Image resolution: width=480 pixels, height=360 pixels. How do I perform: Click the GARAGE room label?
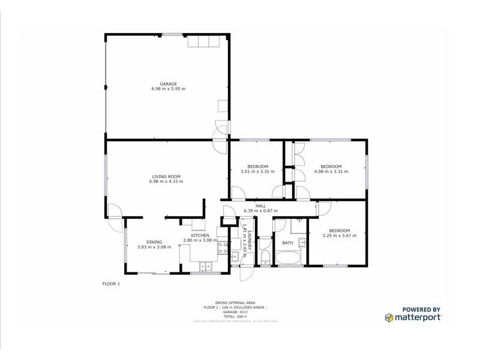coord(168,83)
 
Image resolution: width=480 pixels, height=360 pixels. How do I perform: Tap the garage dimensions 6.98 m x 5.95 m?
coord(168,89)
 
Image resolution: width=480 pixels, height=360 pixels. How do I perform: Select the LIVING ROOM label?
coord(166,176)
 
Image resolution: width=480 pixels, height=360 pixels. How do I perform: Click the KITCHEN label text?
coord(200,235)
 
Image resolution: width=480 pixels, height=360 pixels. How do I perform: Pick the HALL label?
coord(260,206)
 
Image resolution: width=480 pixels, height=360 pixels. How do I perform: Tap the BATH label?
coord(288,243)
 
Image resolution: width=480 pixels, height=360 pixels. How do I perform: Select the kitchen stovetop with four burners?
coord(222,248)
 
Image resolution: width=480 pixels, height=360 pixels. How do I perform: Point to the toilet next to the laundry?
coord(265,257)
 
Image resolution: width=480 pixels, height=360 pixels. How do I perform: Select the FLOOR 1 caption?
coord(111,283)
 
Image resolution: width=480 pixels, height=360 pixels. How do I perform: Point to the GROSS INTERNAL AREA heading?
coord(239,304)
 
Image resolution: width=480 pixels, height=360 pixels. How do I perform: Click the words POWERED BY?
coord(421,310)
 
